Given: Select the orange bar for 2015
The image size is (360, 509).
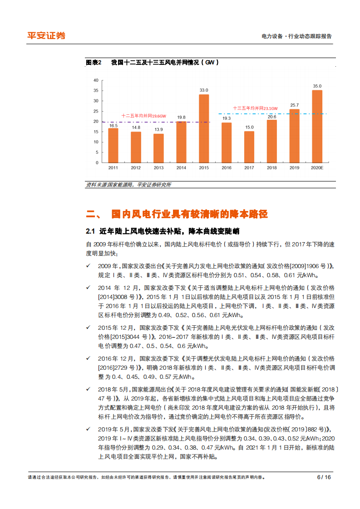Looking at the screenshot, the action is [204, 128].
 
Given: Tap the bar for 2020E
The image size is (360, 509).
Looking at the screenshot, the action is [317, 126].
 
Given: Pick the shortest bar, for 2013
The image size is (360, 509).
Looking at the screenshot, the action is [158, 148].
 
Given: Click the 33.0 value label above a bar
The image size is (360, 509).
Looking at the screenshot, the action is [204, 90].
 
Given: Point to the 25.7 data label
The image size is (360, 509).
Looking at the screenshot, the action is [294, 105].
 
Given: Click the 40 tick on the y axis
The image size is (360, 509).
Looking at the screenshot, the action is [95, 80].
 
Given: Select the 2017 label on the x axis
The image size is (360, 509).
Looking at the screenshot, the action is [249, 168].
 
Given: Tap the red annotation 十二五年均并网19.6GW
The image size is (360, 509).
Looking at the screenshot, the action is [144, 116].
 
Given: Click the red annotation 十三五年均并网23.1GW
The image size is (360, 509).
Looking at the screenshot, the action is [255, 108].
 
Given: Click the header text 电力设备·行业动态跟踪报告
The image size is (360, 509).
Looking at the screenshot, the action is [297, 36].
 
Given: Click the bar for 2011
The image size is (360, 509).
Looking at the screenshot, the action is [113, 145].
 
